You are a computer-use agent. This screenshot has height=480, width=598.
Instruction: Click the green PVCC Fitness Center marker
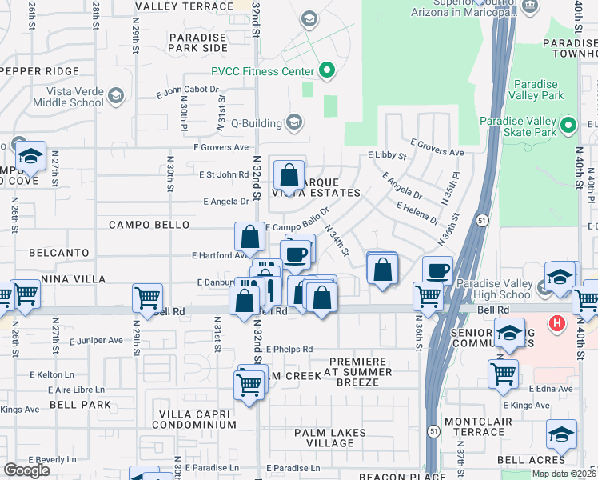click(326, 72)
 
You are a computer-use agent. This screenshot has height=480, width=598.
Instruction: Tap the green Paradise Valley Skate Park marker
click(568, 126)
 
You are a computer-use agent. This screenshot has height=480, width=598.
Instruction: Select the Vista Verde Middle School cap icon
click(116, 97)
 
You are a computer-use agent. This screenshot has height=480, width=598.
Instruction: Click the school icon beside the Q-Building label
click(293, 123)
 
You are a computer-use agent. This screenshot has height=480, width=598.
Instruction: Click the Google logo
click(26, 470)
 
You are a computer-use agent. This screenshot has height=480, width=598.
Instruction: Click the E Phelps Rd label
click(289, 350)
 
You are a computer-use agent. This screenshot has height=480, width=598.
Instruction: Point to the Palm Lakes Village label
click(330, 438)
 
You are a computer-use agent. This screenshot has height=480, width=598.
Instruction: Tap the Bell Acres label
click(530, 460)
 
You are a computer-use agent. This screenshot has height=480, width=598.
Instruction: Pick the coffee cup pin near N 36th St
click(437, 270)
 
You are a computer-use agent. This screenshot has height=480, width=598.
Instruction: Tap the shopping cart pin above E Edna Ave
click(503, 373)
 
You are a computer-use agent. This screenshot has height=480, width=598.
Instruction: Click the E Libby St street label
click(386, 156)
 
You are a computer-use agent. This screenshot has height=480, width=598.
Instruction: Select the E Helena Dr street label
click(418, 212)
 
